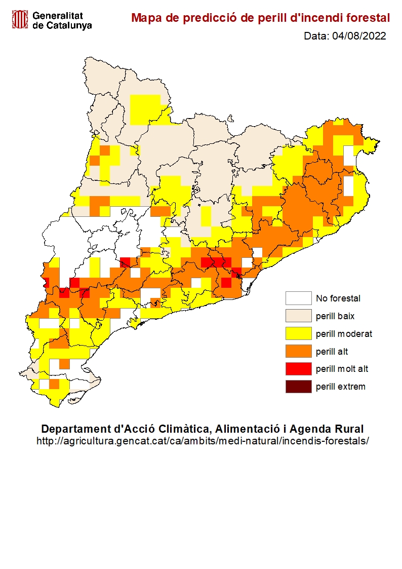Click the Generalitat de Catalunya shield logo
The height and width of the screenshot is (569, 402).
pyautogui.click(x=20, y=20)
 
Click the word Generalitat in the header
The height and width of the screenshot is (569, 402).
pyautogui.click(x=57, y=16)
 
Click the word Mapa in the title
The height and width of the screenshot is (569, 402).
pyautogui.click(x=145, y=18)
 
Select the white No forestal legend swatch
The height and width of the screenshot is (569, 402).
pyautogui.click(x=298, y=298)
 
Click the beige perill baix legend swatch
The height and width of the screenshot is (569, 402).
pyautogui.click(x=298, y=316)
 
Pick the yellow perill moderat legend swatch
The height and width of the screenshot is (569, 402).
pyautogui.click(x=298, y=334)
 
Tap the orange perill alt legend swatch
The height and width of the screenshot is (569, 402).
pyautogui.click(x=298, y=351)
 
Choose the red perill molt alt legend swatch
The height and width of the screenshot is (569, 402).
pyautogui.click(x=298, y=369)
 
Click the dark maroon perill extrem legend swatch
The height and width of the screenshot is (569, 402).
pyautogui.click(x=298, y=387)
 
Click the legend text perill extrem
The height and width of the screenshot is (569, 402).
pyautogui.click(x=340, y=387)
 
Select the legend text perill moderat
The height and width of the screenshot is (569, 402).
pyautogui.click(x=344, y=334)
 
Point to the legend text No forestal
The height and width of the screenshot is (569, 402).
pyautogui.click(x=338, y=298)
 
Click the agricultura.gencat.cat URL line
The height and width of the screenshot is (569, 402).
pyautogui.click(x=203, y=441)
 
